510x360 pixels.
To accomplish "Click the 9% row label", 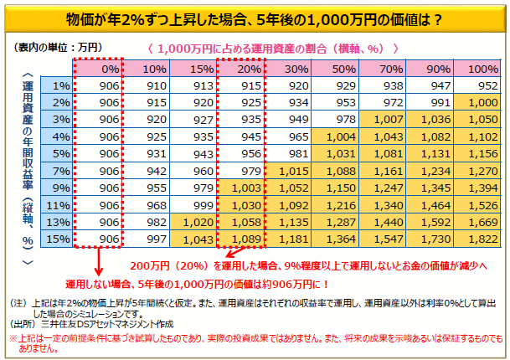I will tap(59, 187).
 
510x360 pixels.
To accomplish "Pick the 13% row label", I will tap(59, 221).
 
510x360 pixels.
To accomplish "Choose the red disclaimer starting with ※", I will tap(251, 341).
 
